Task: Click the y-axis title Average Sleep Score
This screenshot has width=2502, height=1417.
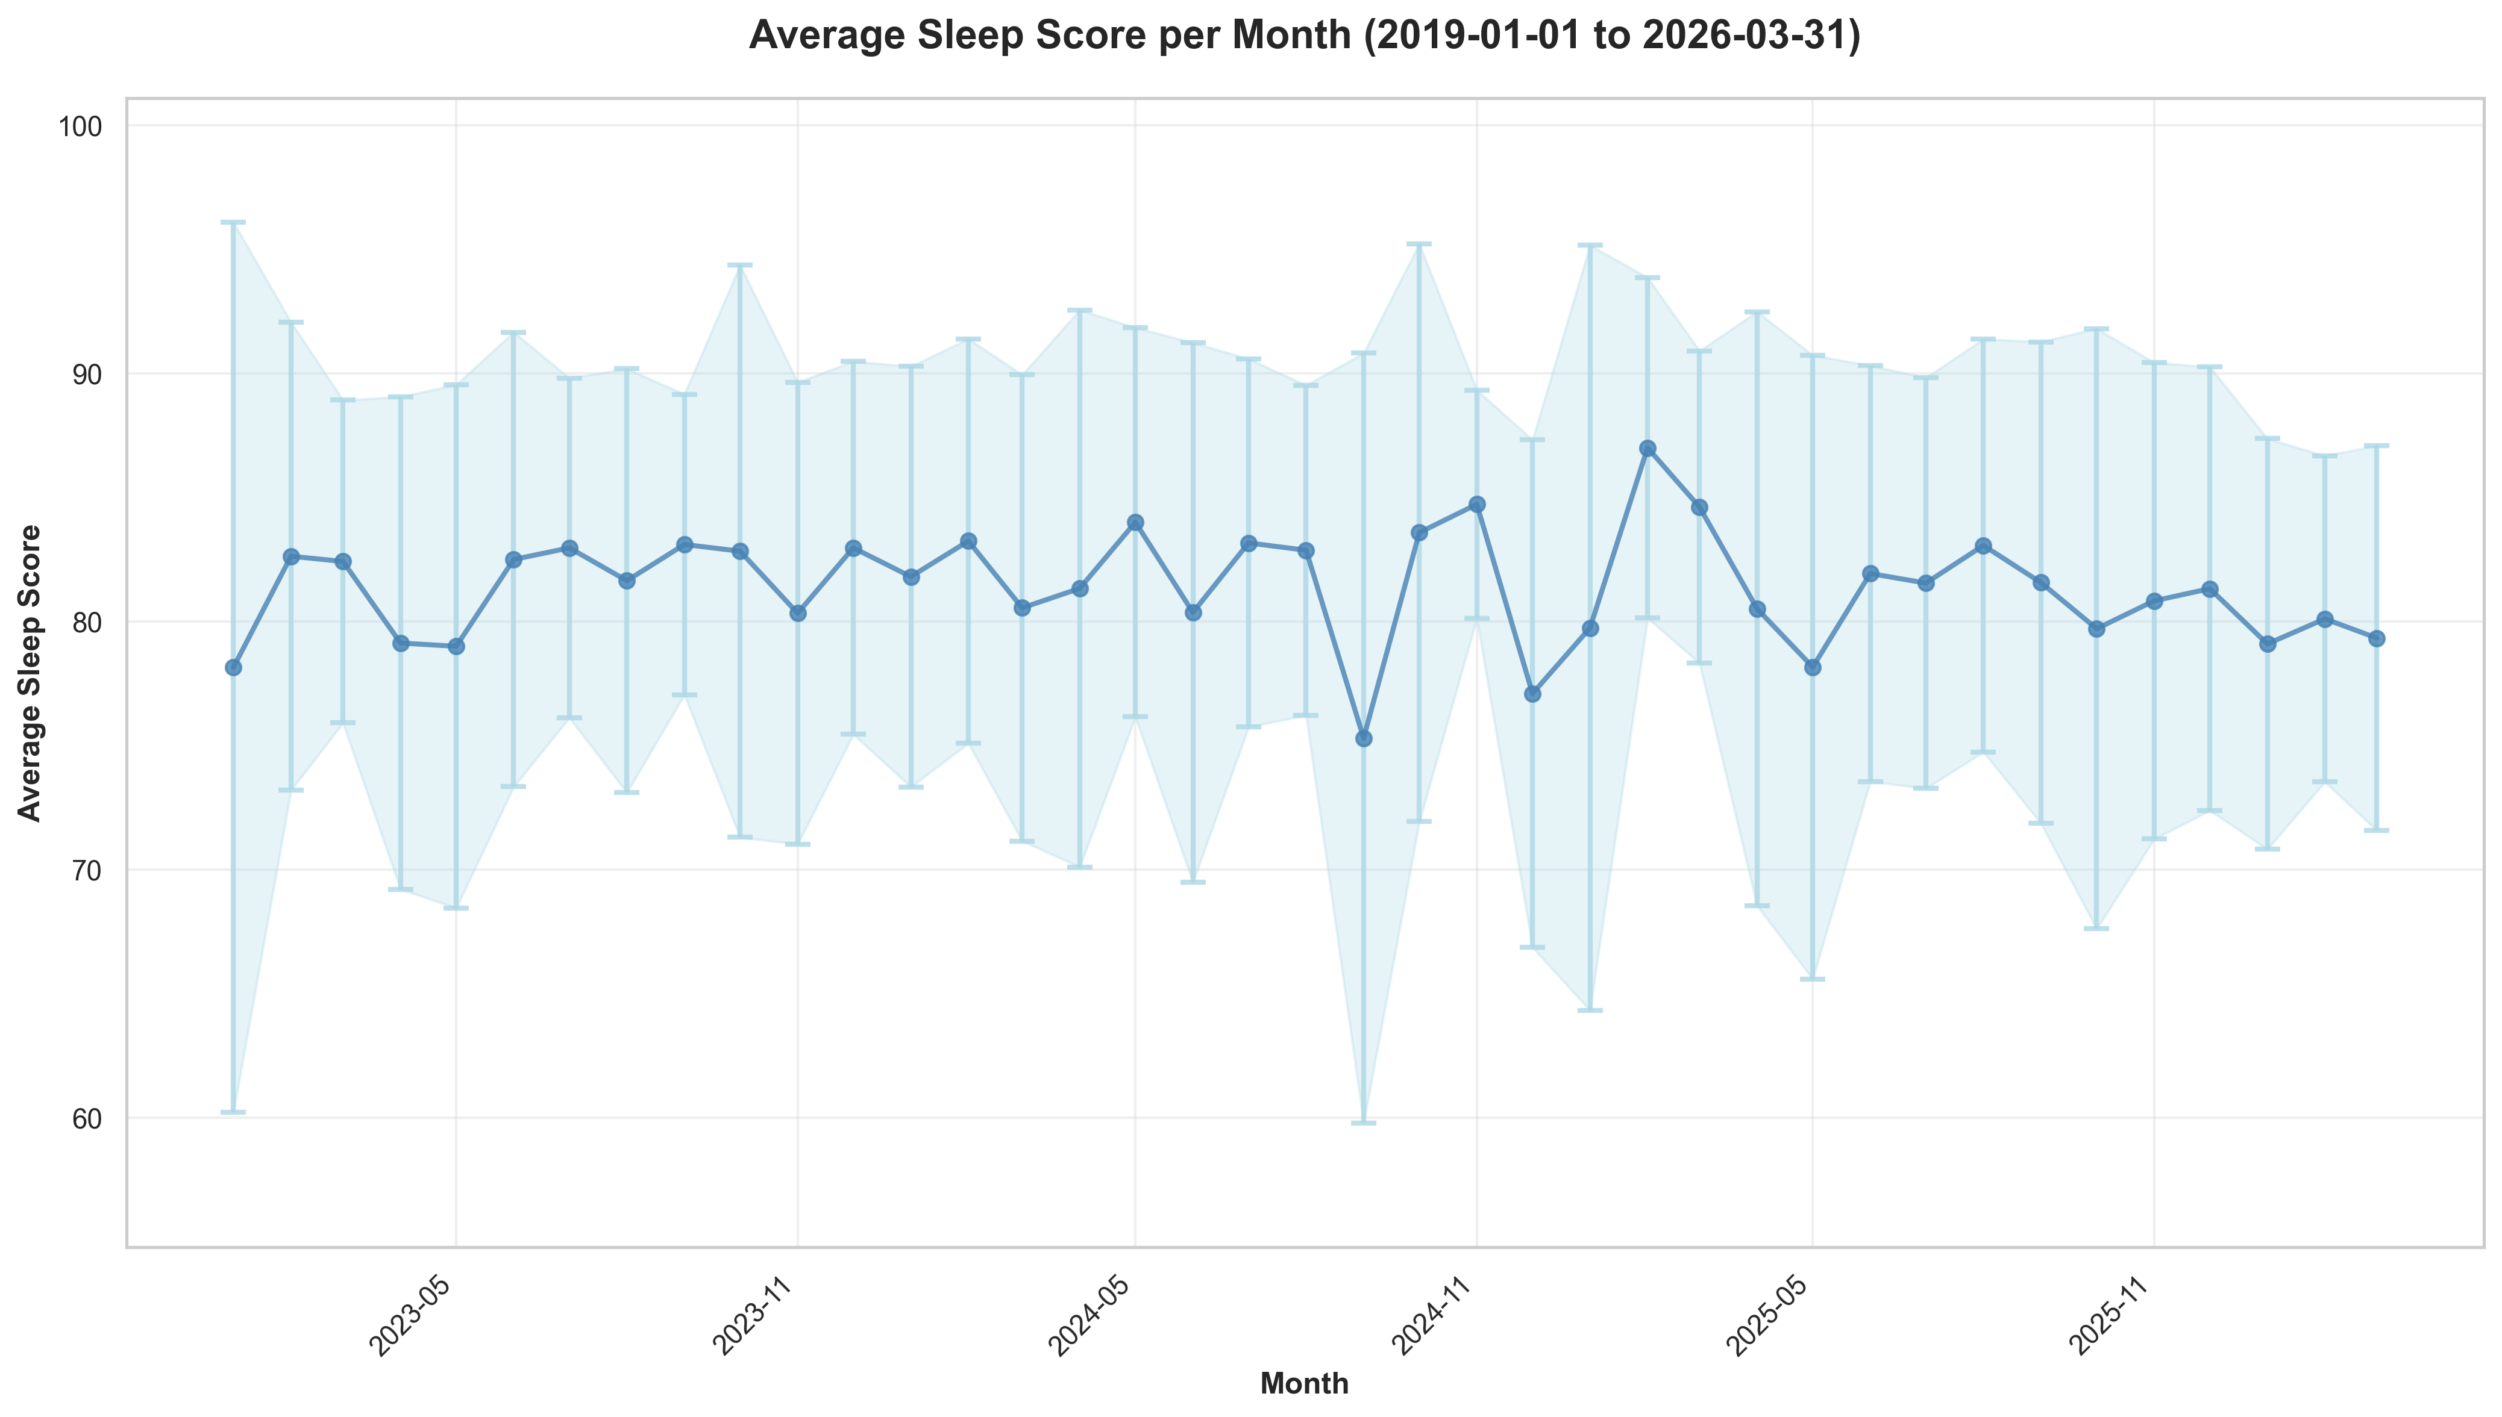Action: [31, 673]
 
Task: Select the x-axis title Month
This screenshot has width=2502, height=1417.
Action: [1305, 1383]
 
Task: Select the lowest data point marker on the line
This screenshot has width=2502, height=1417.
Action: [1364, 739]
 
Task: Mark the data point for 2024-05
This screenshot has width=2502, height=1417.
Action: [1135, 523]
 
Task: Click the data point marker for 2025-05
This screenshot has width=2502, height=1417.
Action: [1812, 668]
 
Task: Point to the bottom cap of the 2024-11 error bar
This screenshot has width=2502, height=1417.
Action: [1477, 618]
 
